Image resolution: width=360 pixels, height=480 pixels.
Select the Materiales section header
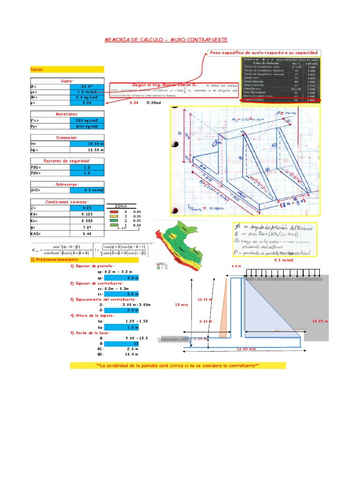pos(67,114)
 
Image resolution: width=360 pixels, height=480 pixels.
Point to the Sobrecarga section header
pos(67,184)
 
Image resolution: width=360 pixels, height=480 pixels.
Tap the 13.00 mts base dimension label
pos(246,349)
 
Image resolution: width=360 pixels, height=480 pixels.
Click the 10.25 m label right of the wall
pos(320,322)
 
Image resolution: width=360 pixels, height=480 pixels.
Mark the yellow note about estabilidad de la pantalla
pos(178,365)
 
